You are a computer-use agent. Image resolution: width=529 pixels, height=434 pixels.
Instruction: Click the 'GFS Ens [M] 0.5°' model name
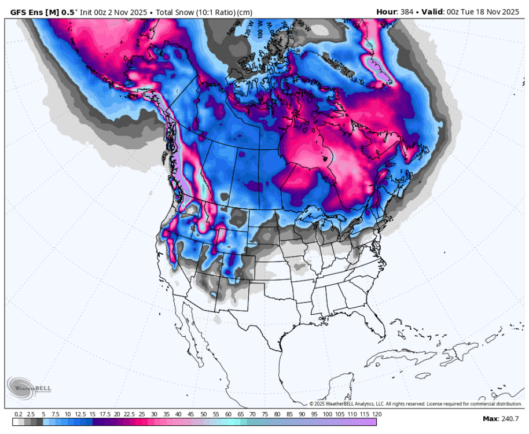pyautogui.click(x=42, y=12)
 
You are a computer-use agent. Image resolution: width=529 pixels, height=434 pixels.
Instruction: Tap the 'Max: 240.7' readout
pyautogui.click(x=501, y=418)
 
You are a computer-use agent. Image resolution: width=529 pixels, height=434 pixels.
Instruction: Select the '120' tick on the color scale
pyautogui.click(x=377, y=414)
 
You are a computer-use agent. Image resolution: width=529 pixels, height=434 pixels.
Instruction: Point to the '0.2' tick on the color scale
pyautogui.click(x=19, y=414)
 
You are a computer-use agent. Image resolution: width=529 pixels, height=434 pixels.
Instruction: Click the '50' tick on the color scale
pyautogui.click(x=204, y=414)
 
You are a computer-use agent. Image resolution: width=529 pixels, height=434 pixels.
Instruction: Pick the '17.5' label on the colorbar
pyautogui.click(x=105, y=414)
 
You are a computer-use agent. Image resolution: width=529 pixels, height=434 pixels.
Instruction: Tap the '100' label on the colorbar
pyautogui.click(x=327, y=414)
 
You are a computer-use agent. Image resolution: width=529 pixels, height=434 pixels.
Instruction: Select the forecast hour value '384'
pyautogui.click(x=406, y=12)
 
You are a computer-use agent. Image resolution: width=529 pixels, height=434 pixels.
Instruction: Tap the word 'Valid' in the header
pyautogui.click(x=432, y=12)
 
